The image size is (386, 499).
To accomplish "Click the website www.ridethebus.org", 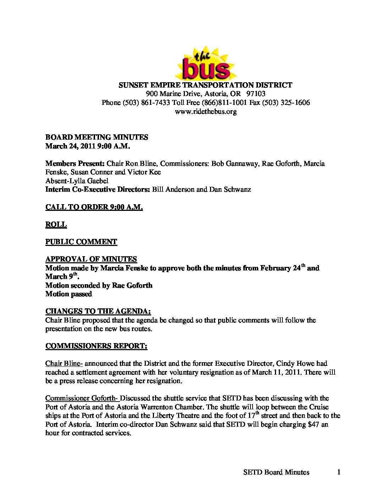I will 206,111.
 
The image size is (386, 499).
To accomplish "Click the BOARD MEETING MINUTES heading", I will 96,137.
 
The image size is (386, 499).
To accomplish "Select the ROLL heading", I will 56,225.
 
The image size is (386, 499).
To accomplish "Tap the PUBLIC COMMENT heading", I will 81,242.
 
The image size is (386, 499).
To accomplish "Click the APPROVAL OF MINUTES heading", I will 91,259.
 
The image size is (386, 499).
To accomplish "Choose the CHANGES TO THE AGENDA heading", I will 98,312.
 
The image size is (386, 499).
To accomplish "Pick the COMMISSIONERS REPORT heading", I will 96,346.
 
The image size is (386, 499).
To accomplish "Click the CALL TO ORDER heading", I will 94,207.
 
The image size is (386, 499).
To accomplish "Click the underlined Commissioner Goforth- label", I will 82,398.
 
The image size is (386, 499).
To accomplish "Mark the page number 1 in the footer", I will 339,472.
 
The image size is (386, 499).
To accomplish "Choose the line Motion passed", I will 68,294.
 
